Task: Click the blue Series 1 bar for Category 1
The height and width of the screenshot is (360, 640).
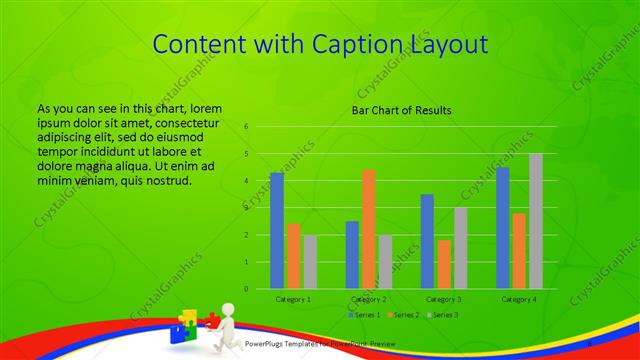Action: pyautogui.click(x=277, y=231)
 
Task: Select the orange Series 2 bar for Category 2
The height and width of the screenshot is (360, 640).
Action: pyautogui.click(x=369, y=229)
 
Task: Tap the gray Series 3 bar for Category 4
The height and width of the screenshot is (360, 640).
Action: pyautogui.click(x=536, y=221)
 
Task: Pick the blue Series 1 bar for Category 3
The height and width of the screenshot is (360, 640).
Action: pyautogui.click(x=427, y=241)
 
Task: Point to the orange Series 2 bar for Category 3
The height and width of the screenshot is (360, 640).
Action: pyautogui.click(x=443, y=264)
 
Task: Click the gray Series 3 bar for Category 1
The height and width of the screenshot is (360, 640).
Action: pyautogui.click(x=310, y=262)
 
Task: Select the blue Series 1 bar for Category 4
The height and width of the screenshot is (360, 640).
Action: pyautogui.click(x=503, y=228)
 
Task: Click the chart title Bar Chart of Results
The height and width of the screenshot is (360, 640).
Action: pyautogui.click(x=401, y=110)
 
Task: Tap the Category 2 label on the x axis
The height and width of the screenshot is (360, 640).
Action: pyautogui.click(x=369, y=299)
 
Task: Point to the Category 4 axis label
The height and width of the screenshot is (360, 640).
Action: pyautogui.click(x=519, y=299)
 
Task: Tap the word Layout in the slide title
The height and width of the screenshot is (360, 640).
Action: pyautogui.click(x=447, y=45)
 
